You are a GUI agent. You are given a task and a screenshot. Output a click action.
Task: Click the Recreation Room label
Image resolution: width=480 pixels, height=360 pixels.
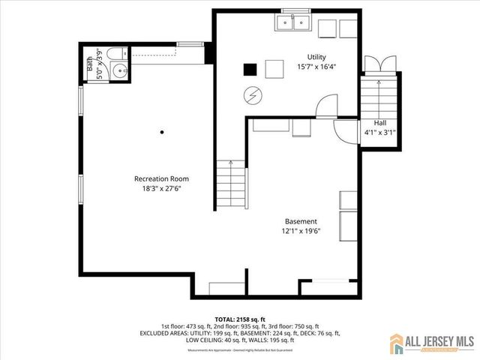pyautogui.click(x=161, y=178)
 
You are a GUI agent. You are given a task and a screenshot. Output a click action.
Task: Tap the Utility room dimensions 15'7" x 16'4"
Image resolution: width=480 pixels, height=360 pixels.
pyautogui.click(x=316, y=66)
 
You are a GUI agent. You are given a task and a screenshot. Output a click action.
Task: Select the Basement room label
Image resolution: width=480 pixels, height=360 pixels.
pyautogui.click(x=301, y=221)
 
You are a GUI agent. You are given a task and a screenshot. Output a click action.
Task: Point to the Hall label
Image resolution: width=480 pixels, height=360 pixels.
pyautogui.click(x=379, y=123)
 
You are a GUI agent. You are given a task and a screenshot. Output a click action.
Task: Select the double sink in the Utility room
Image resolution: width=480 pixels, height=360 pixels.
pyautogui.click(x=293, y=24)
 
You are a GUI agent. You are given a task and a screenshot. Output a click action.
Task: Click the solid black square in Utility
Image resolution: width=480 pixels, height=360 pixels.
pyautogui.click(x=250, y=69)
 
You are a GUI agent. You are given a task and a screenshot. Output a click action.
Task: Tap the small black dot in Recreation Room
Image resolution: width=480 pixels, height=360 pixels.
pyautogui.click(x=162, y=132)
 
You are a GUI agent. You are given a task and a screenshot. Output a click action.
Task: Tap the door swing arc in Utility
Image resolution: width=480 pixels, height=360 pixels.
pyautogui.click(x=326, y=106)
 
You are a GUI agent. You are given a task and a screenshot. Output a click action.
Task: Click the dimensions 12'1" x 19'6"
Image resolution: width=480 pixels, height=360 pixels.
pyautogui.click(x=301, y=231)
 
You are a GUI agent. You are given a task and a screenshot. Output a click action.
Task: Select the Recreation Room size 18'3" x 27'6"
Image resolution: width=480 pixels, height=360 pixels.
pyautogui.click(x=161, y=188)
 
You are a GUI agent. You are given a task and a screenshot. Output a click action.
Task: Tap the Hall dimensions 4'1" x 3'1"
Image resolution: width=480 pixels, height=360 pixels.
pyautogui.click(x=379, y=132)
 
